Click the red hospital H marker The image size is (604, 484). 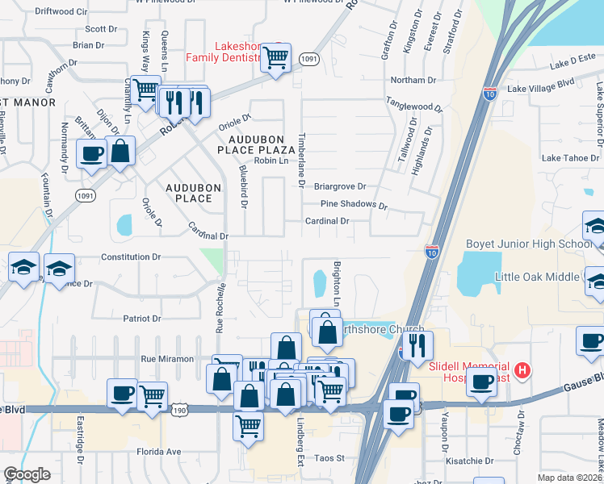[x=523, y=370]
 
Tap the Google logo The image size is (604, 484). [x=27, y=474]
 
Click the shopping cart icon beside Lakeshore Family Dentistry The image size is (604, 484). [x=276, y=58]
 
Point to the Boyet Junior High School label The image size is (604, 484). [x=529, y=244]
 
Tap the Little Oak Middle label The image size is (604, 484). [x=536, y=277]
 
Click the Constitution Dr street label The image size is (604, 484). [x=131, y=257]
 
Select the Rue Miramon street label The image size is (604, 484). [x=167, y=359]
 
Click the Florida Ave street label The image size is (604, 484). [x=158, y=452]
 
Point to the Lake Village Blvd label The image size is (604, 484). [x=540, y=84]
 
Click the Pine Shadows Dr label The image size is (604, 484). [x=353, y=205]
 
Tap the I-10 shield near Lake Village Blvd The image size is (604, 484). [x=490, y=93]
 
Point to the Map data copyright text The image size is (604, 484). [x=569, y=477]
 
